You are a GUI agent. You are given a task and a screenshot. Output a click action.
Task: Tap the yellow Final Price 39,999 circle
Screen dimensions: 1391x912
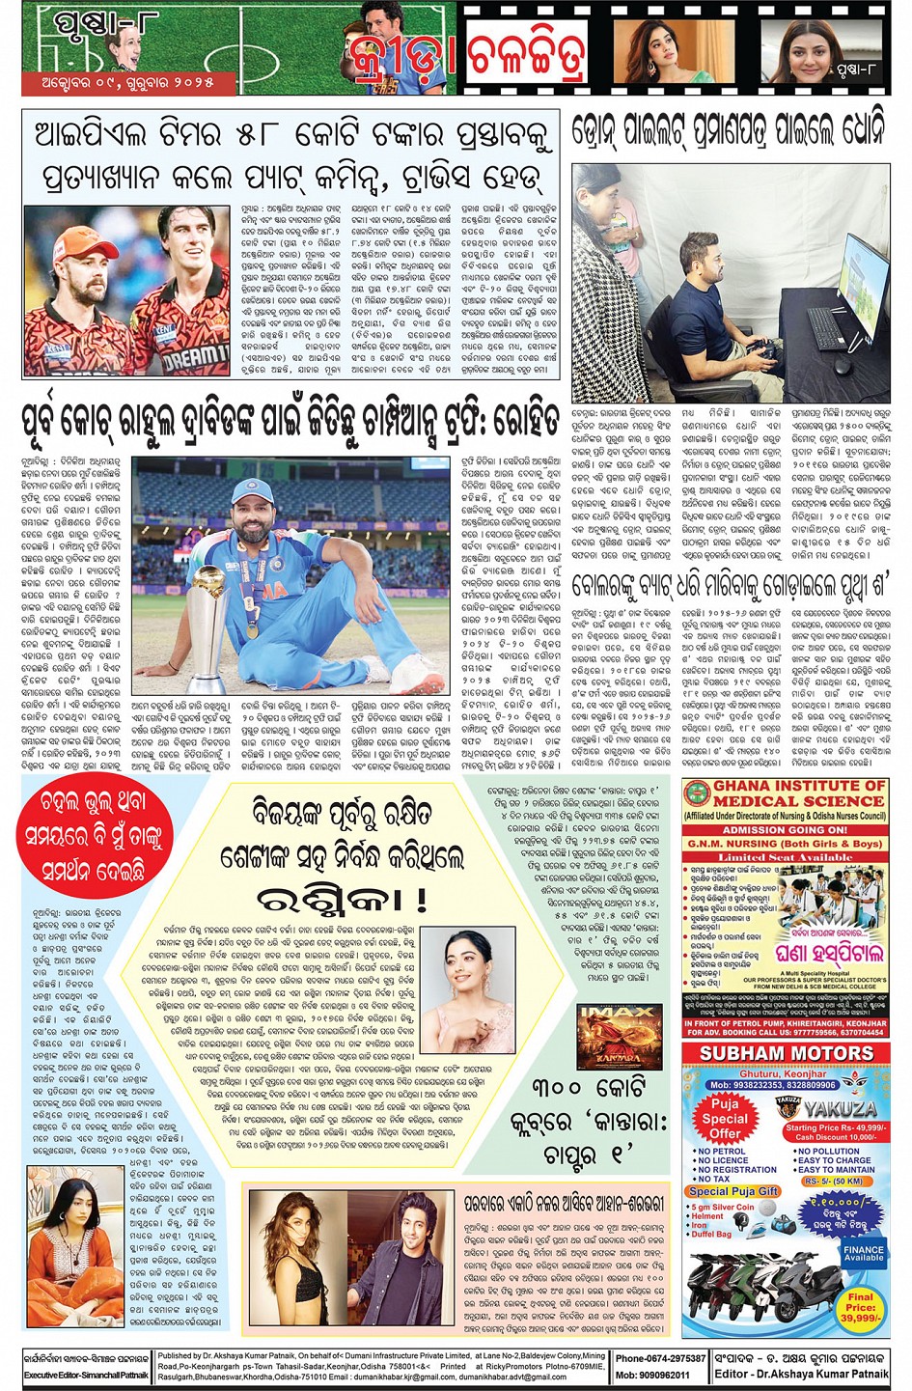[x=861, y=1309]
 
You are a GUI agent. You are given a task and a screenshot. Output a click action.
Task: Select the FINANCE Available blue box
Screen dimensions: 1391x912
[x=863, y=1252]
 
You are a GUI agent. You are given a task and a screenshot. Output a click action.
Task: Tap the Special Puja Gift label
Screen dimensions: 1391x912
[x=734, y=1191]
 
